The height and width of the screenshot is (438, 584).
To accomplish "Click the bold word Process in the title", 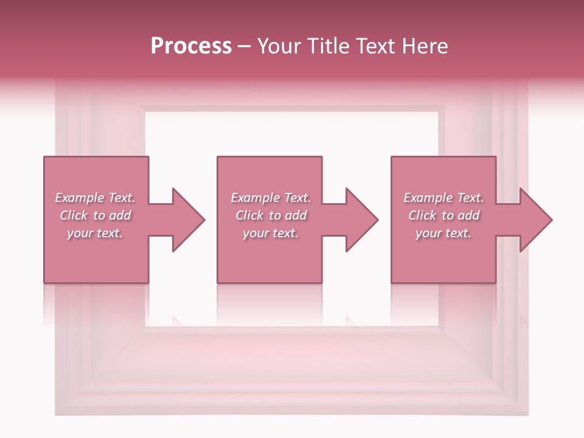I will tap(191, 46).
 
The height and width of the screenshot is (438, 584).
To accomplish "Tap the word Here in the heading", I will tap(425, 46).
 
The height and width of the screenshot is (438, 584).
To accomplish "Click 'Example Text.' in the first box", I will tap(95, 198).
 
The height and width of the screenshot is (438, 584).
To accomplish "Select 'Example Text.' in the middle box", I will tap(270, 198).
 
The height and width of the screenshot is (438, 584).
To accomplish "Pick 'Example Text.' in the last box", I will tap(443, 198).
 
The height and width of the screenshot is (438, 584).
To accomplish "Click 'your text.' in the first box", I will tap(95, 233).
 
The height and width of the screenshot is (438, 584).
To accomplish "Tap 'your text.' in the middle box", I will tap(270, 233).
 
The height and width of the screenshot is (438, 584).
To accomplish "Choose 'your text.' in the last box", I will tap(443, 233).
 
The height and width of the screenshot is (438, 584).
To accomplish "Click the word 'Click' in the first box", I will tap(73, 215).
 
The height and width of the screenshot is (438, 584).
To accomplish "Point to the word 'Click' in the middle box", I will tap(249, 215).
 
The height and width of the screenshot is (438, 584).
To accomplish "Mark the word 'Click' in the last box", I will tap(422, 215).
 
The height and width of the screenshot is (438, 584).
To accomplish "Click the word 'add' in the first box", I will tap(120, 215).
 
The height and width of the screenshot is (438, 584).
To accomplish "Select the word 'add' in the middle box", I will tap(296, 215).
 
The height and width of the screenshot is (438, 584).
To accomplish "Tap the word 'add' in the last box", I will tap(469, 215).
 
